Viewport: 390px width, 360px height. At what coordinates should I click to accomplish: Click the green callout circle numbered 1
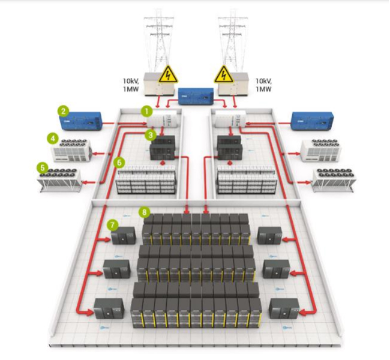[145, 111]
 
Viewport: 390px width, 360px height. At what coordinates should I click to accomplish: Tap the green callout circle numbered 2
[62, 110]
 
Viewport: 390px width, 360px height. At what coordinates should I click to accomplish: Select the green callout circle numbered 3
[151, 136]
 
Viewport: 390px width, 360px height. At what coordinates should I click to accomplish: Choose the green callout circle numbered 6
[119, 162]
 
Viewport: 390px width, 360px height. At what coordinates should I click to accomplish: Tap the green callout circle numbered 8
[144, 212]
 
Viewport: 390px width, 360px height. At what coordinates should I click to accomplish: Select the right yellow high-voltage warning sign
[224, 74]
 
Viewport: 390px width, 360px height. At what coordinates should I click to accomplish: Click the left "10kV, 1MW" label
[134, 85]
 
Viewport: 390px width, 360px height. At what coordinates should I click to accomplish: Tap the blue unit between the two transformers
[195, 96]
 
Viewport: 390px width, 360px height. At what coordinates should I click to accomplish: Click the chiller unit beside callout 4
[71, 151]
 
